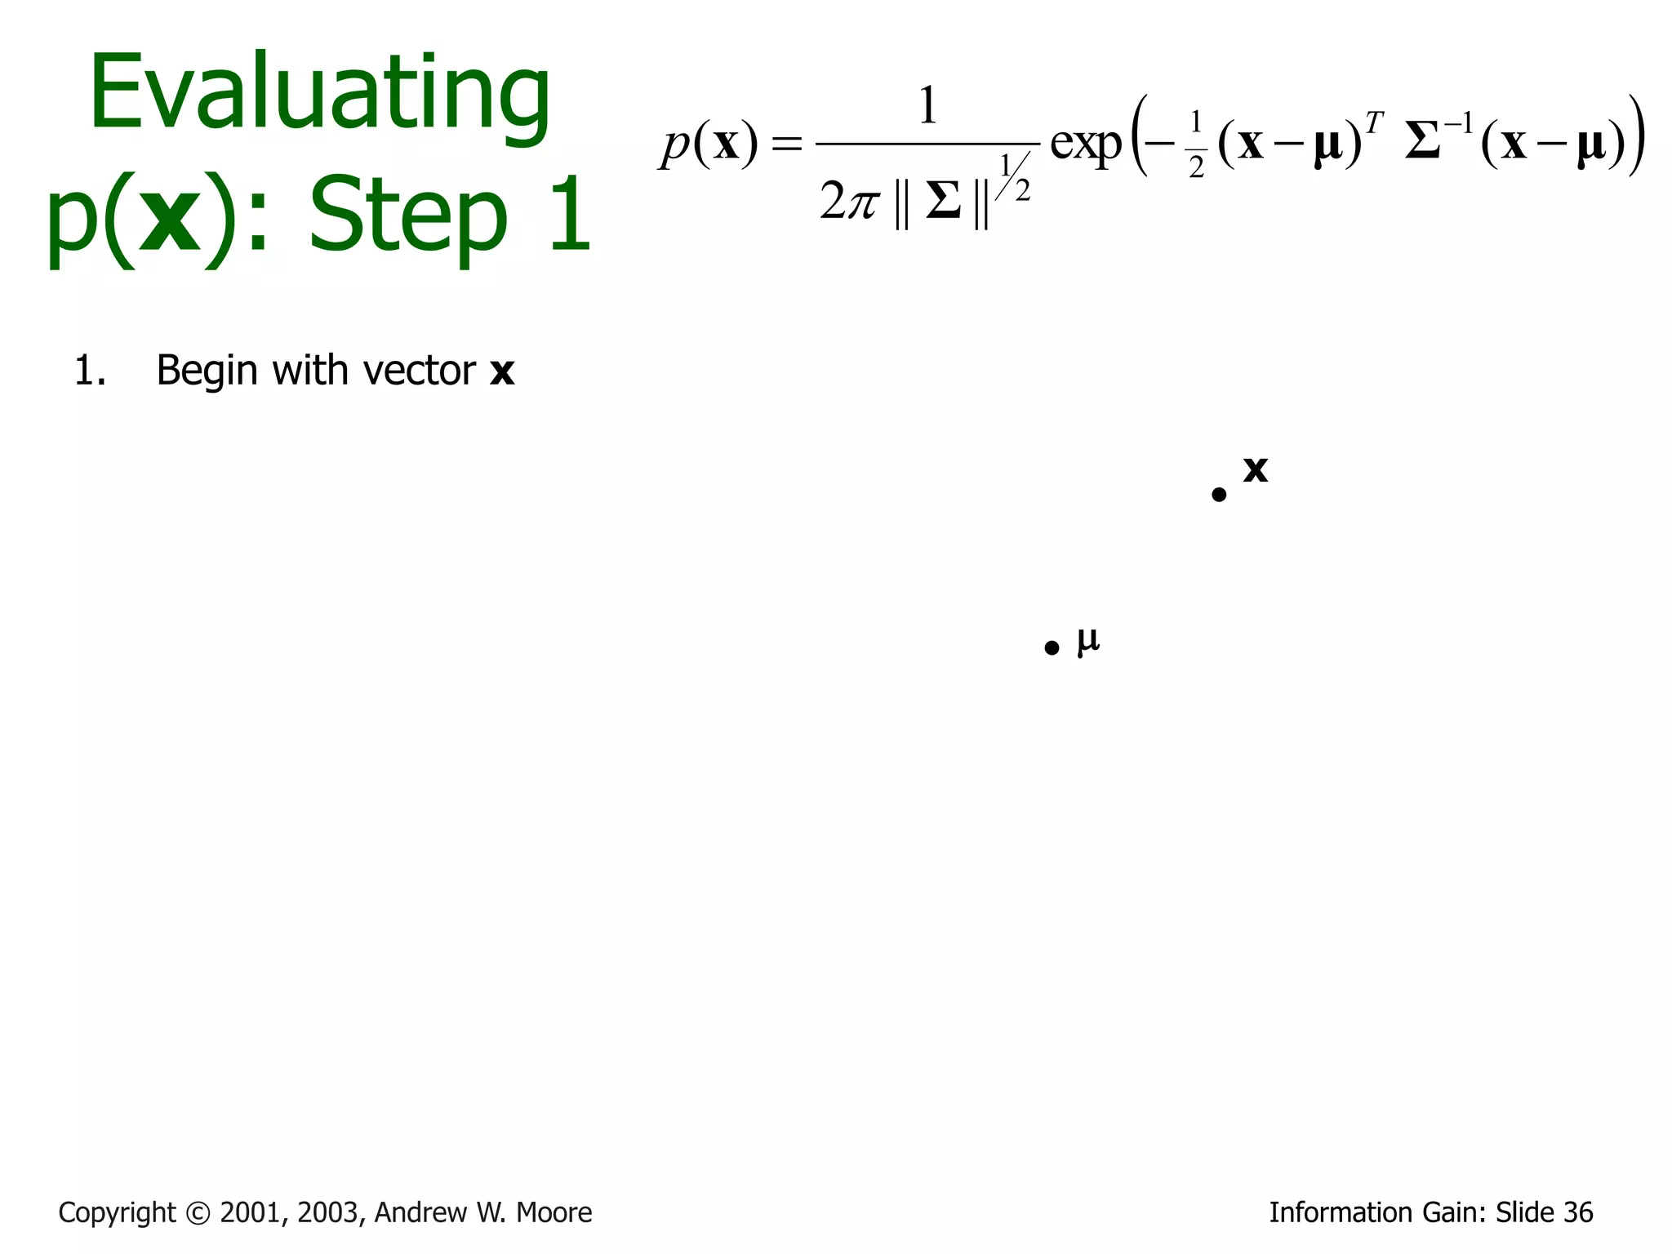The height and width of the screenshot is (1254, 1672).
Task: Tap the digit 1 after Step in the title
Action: [x=570, y=215]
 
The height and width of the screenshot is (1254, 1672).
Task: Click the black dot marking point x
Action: [x=1219, y=495]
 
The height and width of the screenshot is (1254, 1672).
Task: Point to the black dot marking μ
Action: [x=1052, y=648]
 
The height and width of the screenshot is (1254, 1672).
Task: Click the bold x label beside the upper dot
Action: [x=1256, y=469]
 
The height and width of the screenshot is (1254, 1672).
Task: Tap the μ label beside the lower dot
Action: [x=1088, y=640]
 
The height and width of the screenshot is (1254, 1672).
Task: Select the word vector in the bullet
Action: [x=419, y=371]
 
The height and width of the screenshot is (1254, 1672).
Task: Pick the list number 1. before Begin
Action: [x=90, y=371]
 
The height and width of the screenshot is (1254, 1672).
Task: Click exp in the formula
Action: [x=1086, y=145]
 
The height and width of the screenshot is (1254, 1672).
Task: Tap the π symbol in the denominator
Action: [x=862, y=202]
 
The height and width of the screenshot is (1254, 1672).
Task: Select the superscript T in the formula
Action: [x=1374, y=123]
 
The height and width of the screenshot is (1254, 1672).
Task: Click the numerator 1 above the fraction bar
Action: [x=927, y=106]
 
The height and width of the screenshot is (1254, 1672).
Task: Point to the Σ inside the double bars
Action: [x=943, y=201]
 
